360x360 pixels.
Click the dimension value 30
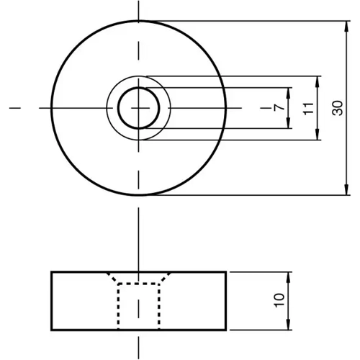coord(337,108)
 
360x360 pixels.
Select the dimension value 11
coord(307,108)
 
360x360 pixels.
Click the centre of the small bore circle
coord(138,108)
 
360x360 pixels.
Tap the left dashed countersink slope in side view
coord(112,279)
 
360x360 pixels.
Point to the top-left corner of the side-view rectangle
coord(51,272)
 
